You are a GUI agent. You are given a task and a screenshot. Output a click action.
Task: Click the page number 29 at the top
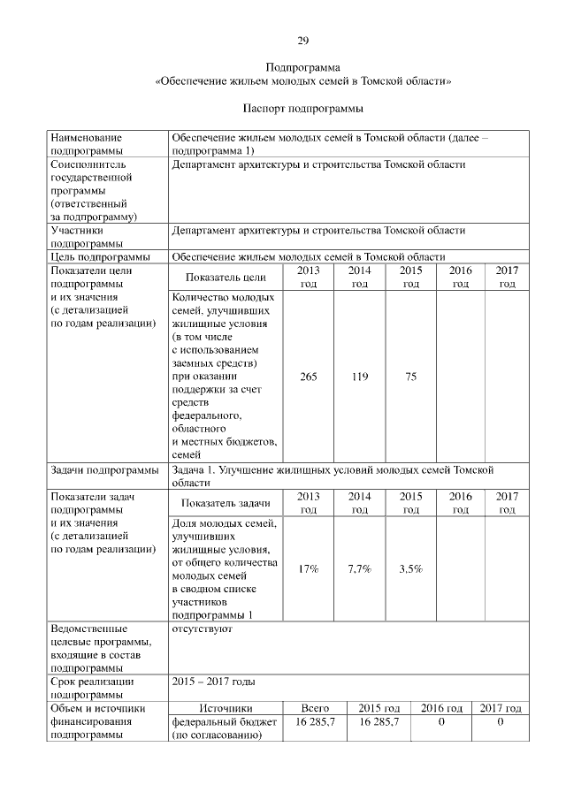pyautogui.click(x=302, y=42)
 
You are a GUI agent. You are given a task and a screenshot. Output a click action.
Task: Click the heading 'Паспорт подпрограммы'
pyautogui.click(x=302, y=109)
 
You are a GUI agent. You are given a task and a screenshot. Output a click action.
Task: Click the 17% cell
pyautogui.click(x=309, y=568)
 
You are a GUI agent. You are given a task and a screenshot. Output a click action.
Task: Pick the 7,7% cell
pyautogui.click(x=359, y=568)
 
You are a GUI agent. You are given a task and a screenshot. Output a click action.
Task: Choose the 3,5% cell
pyautogui.click(x=410, y=568)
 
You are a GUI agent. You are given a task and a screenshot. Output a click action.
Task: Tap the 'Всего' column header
pyautogui.click(x=315, y=708)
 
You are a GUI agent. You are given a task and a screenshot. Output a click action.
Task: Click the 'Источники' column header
pyautogui.click(x=226, y=708)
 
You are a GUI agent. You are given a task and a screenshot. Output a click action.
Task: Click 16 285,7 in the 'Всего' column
pyautogui.click(x=315, y=722)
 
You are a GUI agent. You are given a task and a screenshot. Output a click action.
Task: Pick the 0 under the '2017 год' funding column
pyautogui.click(x=500, y=722)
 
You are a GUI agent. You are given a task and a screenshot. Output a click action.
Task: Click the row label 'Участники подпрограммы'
pyautogui.click(x=87, y=237)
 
